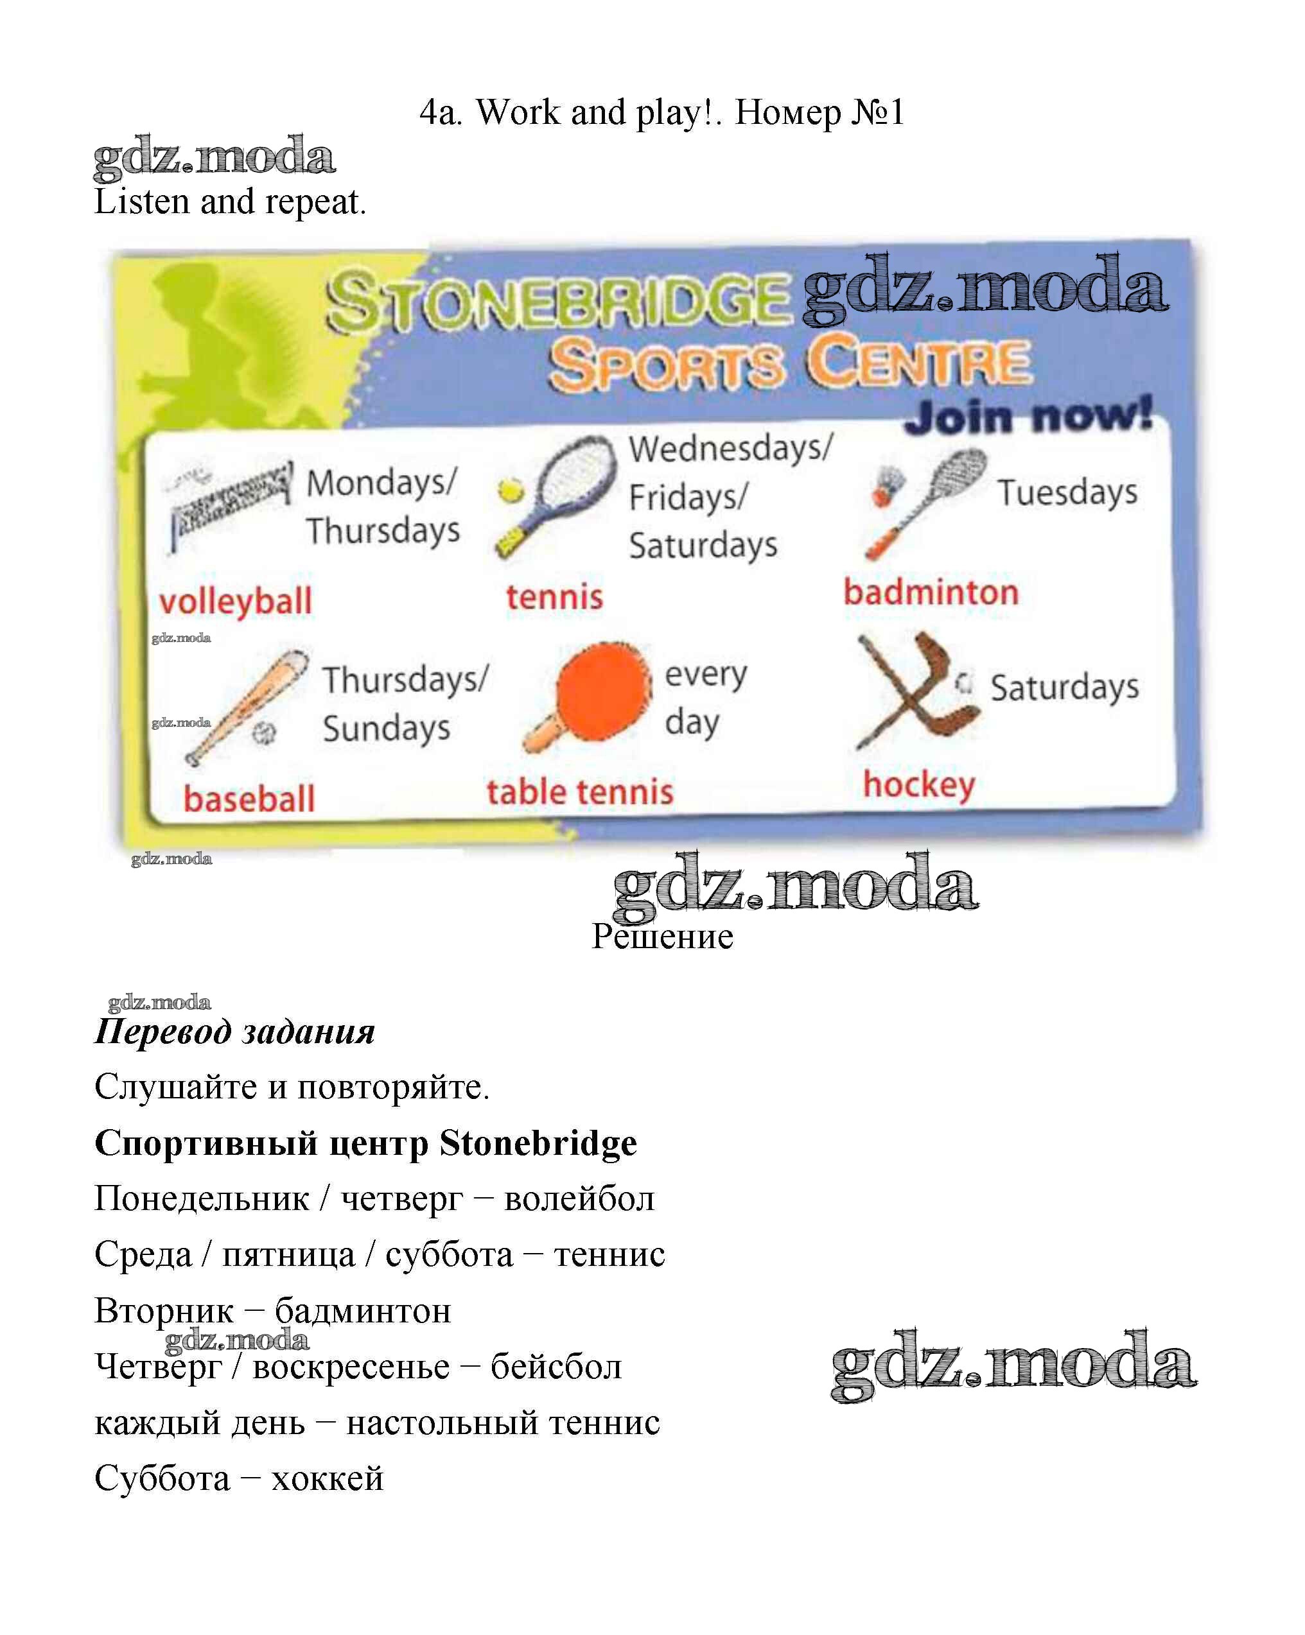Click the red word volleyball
click(235, 601)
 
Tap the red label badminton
click(931, 593)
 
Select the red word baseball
click(249, 799)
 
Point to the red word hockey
click(919, 785)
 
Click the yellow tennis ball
click(511, 490)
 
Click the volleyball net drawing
click(227, 501)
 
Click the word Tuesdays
click(1067, 492)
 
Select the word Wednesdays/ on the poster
click(731, 448)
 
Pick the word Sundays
click(386, 728)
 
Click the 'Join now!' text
click(1029, 415)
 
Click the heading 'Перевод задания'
click(234, 1032)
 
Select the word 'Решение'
click(662, 937)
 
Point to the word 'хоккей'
click(327, 1478)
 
